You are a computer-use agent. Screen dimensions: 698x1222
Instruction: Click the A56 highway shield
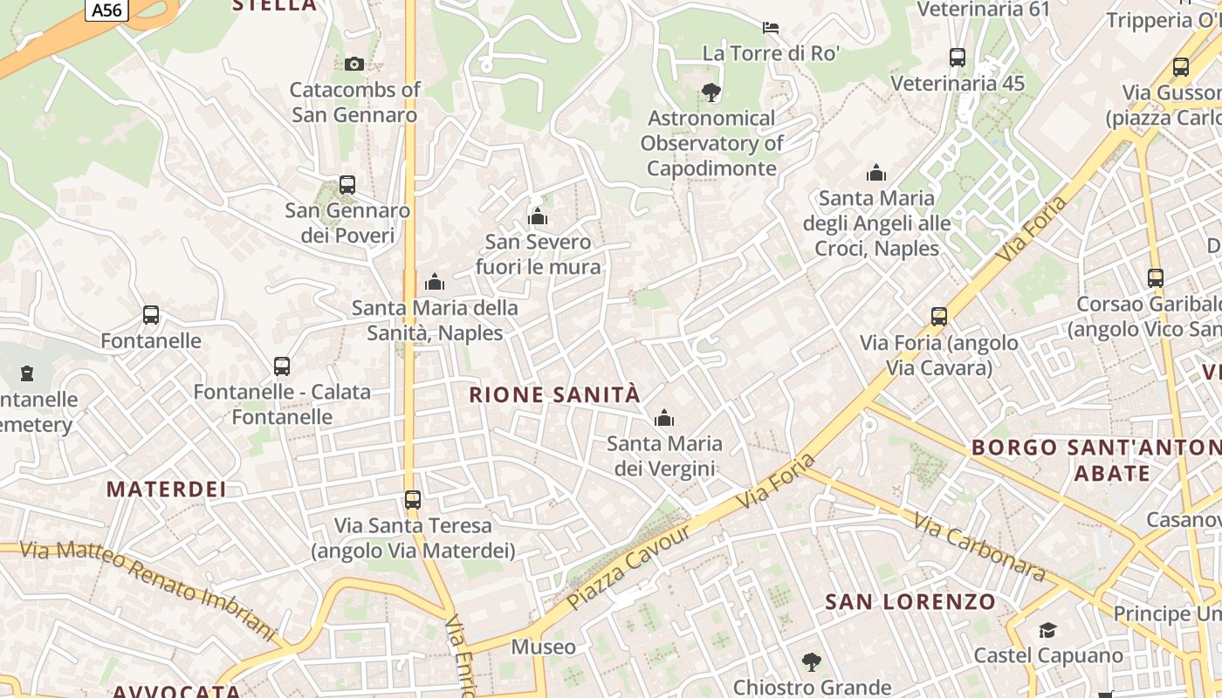tap(107, 10)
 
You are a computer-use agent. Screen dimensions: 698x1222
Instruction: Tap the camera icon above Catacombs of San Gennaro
tap(354, 64)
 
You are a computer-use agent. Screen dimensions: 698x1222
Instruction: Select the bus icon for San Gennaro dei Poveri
tap(347, 185)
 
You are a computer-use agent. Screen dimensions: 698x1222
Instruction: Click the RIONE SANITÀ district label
tap(554, 394)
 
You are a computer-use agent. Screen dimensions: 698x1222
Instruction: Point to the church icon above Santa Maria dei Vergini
tap(664, 418)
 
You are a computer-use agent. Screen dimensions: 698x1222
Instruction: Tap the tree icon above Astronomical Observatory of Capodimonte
tap(711, 92)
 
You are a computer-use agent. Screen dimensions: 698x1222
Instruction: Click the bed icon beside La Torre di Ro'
tap(770, 28)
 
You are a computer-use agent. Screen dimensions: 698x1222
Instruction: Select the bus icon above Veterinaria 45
tap(958, 58)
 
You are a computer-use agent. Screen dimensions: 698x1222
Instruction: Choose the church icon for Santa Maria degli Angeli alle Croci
tap(876, 173)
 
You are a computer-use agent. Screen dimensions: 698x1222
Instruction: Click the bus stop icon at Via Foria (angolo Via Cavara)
tap(939, 317)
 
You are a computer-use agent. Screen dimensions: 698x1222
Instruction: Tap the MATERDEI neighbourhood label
tap(167, 489)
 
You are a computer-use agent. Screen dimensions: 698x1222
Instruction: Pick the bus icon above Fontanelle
tap(151, 315)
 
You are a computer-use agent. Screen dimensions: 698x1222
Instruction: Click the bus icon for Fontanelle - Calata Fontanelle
tap(282, 366)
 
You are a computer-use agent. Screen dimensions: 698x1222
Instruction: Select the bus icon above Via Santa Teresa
tap(413, 500)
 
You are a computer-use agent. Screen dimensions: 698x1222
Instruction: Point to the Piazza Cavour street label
tap(628, 567)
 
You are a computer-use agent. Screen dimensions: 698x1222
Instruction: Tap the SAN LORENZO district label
tap(910, 601)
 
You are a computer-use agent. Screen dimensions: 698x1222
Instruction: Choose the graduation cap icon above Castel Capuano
tap(1047, 630)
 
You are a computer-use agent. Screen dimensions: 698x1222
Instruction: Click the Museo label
tap(543, 647)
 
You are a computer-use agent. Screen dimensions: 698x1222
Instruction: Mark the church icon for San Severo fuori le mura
tap(538, 216)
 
